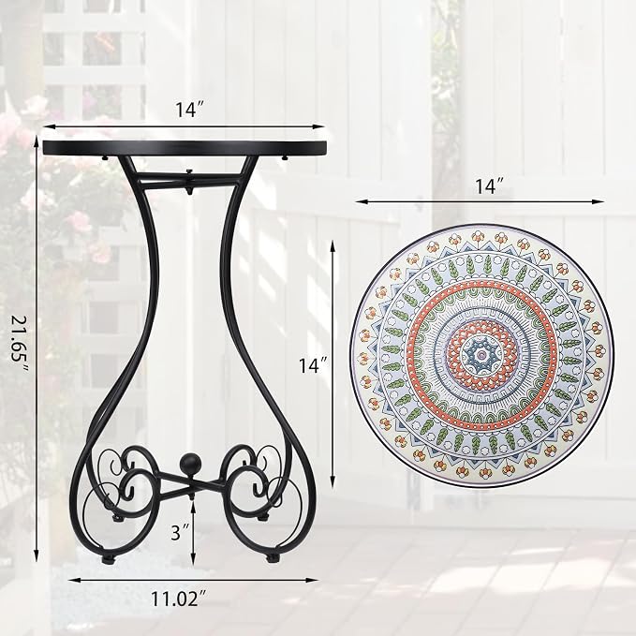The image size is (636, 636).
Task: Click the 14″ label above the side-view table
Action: point(189,109)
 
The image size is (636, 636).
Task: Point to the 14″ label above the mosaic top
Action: point(489,186)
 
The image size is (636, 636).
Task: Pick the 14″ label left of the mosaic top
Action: point(314,365)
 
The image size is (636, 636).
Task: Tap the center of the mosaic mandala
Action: point(481,354)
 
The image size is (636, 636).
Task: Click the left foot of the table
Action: point(109,559)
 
